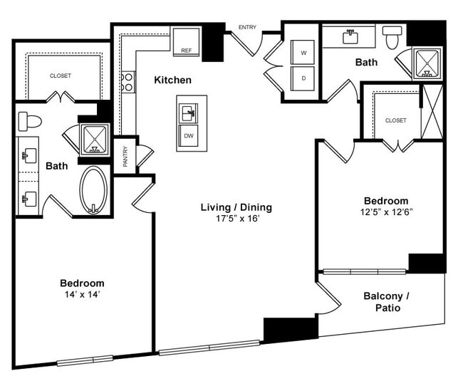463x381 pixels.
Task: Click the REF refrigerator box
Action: [x=186, y=41]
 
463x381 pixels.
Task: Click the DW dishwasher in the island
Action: [x=189, y=135]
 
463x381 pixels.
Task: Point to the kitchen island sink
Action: [x=189, y=112]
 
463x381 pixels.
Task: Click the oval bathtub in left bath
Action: [x=93, y=190]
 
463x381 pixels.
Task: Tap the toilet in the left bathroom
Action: [x=30, y=120]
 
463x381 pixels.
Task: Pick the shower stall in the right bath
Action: [x=427, y=63]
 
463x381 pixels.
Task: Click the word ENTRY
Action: [x=247, y=28]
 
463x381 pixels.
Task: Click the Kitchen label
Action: [x=172, y=80]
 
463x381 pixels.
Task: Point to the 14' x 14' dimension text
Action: [x=82, y=295]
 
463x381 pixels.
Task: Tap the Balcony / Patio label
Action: [x=387, y=302]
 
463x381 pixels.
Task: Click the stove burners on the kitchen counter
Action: [x=128, y=82]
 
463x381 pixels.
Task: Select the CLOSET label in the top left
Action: [x=61, y=75]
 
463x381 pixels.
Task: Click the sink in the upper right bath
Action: [x=350, y=37]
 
